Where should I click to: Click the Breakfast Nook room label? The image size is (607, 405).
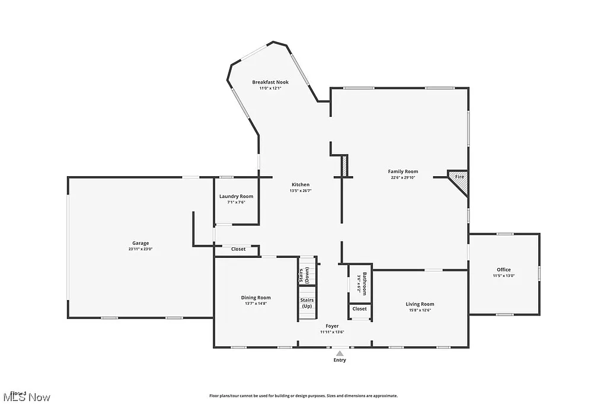point(270,82)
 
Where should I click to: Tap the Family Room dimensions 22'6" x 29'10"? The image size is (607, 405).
point(403,177)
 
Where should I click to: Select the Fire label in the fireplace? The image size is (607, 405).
point(459,177)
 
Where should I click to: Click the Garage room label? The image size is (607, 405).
point(140,243)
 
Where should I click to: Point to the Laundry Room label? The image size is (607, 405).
point(236,196)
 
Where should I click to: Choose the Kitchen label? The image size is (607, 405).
point(300,184)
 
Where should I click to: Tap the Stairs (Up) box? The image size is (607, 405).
point(308,303)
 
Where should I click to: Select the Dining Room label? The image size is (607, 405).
point(255,298)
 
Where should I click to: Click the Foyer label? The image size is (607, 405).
point(332,326)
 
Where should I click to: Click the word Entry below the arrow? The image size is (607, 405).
point(340,360)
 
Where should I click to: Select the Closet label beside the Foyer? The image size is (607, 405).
point(359,309)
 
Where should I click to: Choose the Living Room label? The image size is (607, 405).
point(420,304)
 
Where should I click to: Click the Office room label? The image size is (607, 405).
point(504,270)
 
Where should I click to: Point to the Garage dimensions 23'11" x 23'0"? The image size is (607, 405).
point(140,249)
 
